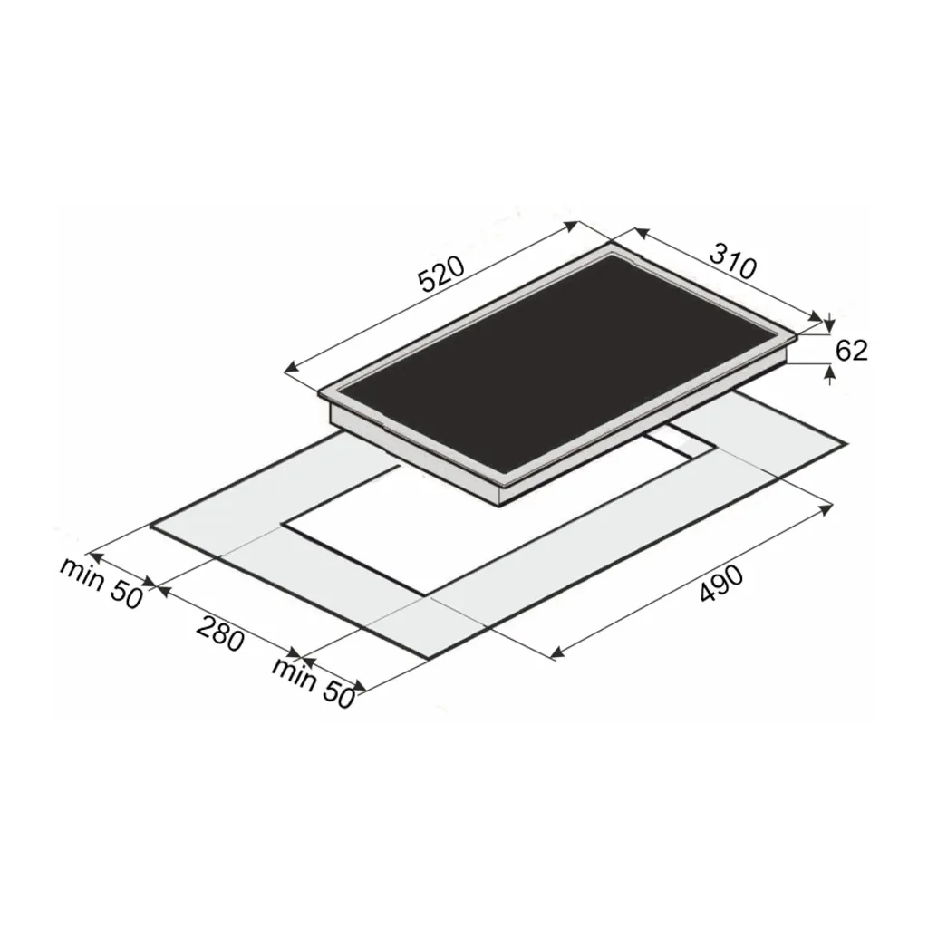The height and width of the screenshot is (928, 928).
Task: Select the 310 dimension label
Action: (731, 262)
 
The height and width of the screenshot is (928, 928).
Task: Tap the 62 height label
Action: (851, 351)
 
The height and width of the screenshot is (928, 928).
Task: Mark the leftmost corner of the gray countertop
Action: (150, 524)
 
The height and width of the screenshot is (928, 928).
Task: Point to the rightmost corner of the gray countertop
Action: (847, 443)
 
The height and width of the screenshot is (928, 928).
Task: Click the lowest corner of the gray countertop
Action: (423, 660)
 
